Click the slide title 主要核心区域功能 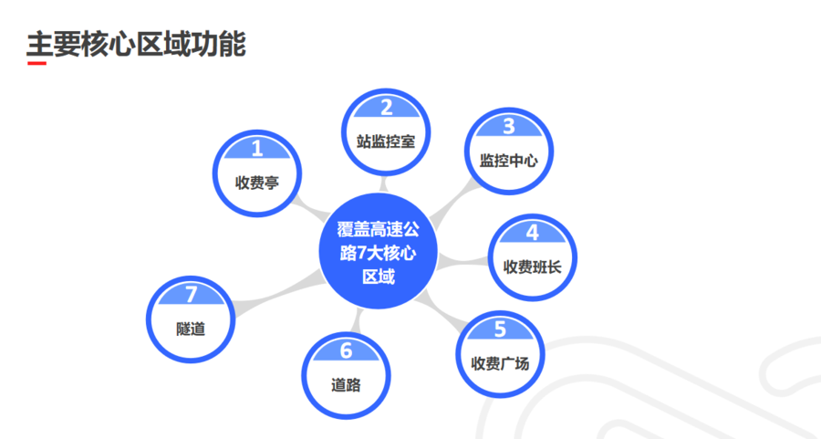coord(136,43)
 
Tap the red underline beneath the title coord(36,64)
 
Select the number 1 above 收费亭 coord(256,148)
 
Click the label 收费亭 coord(256,183)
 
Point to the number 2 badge coord(386,108)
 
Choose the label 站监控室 coord(386,141)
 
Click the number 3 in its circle coord(509,127)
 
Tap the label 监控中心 coord(509,161)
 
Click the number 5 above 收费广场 coord(499,329)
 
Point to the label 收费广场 coord(499,363)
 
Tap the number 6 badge coord(346,350)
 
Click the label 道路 coord(346,384)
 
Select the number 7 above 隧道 coord(191,294)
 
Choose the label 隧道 coord(191,328)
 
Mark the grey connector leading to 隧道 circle coord(274,290)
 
